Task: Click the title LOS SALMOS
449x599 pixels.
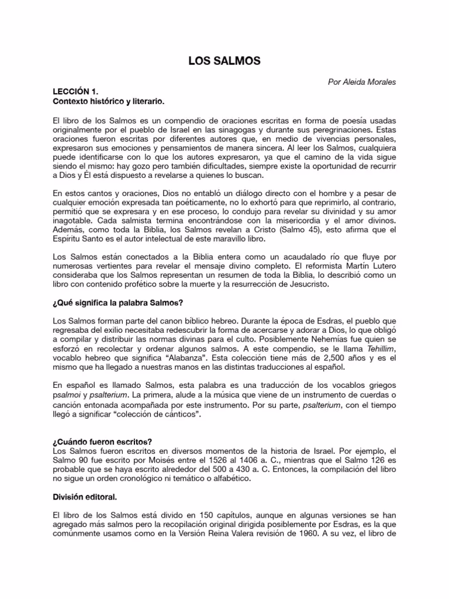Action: tap(224, 60)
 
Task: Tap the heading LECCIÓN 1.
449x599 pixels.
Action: tap(75, 92)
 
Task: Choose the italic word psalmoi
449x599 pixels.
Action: tap(66, 395)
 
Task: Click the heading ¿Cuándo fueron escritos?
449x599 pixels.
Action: tap(106, 441)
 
